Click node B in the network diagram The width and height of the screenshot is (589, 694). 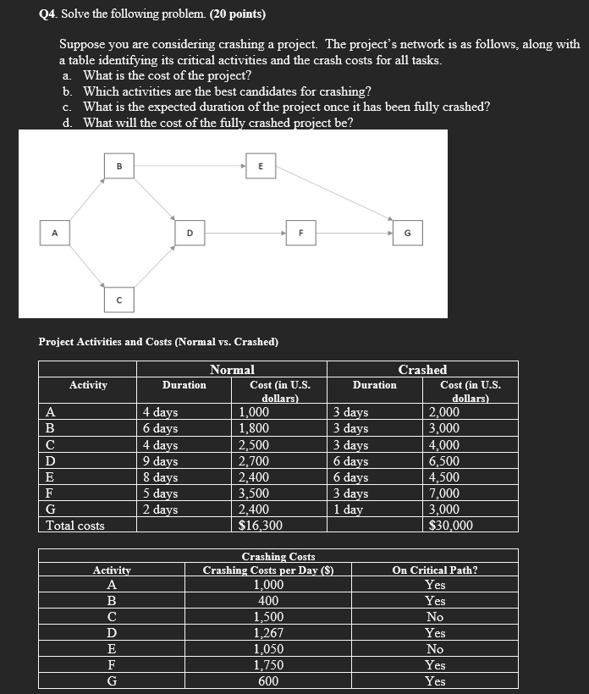[118, 168]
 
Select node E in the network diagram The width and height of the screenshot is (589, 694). [261, 168]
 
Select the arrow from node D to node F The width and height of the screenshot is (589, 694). [245, 232]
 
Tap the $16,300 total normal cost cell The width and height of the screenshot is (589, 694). [261, 526]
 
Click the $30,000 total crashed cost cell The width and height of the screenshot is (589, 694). [451, 526]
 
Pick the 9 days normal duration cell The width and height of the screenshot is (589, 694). [160, 461]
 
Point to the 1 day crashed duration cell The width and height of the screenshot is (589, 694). [349, 509]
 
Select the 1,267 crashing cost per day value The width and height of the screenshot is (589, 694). [268, 633]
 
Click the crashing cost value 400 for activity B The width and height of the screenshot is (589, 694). [268, 601]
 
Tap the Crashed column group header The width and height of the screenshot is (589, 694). [422, 369]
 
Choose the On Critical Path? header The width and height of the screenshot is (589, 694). [435, 570]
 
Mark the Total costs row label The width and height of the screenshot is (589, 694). [75, 526]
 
